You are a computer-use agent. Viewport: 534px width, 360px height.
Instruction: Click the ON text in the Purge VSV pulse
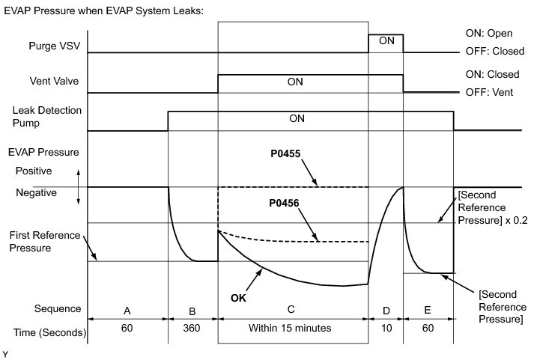386,40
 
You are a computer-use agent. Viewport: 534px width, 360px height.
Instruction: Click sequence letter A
127,309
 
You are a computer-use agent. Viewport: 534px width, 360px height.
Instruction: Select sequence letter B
192,309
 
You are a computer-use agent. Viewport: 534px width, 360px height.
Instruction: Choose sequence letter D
386,309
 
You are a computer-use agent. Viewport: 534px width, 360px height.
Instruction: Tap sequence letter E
428,309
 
